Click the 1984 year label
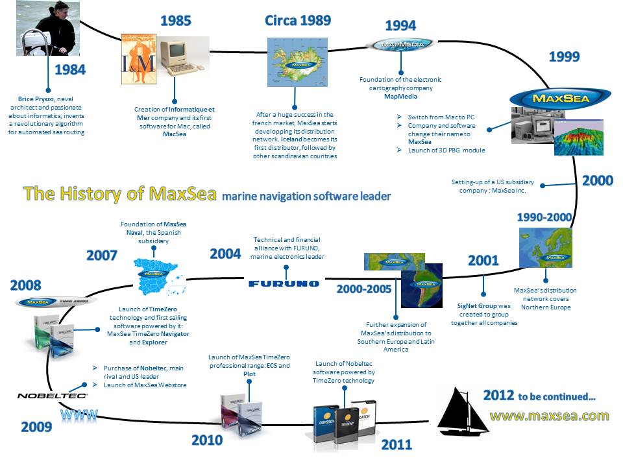(69, 69)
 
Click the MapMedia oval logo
(399, 45)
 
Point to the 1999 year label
(564, 56)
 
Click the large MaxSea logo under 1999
(551, 99)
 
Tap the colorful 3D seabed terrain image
(579, 138)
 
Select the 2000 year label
(597, 180)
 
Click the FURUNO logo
(284, 283)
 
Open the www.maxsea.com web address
(548, 415)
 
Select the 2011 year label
(396, 444)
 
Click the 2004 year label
(225, 253)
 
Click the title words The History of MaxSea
(119, 193)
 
